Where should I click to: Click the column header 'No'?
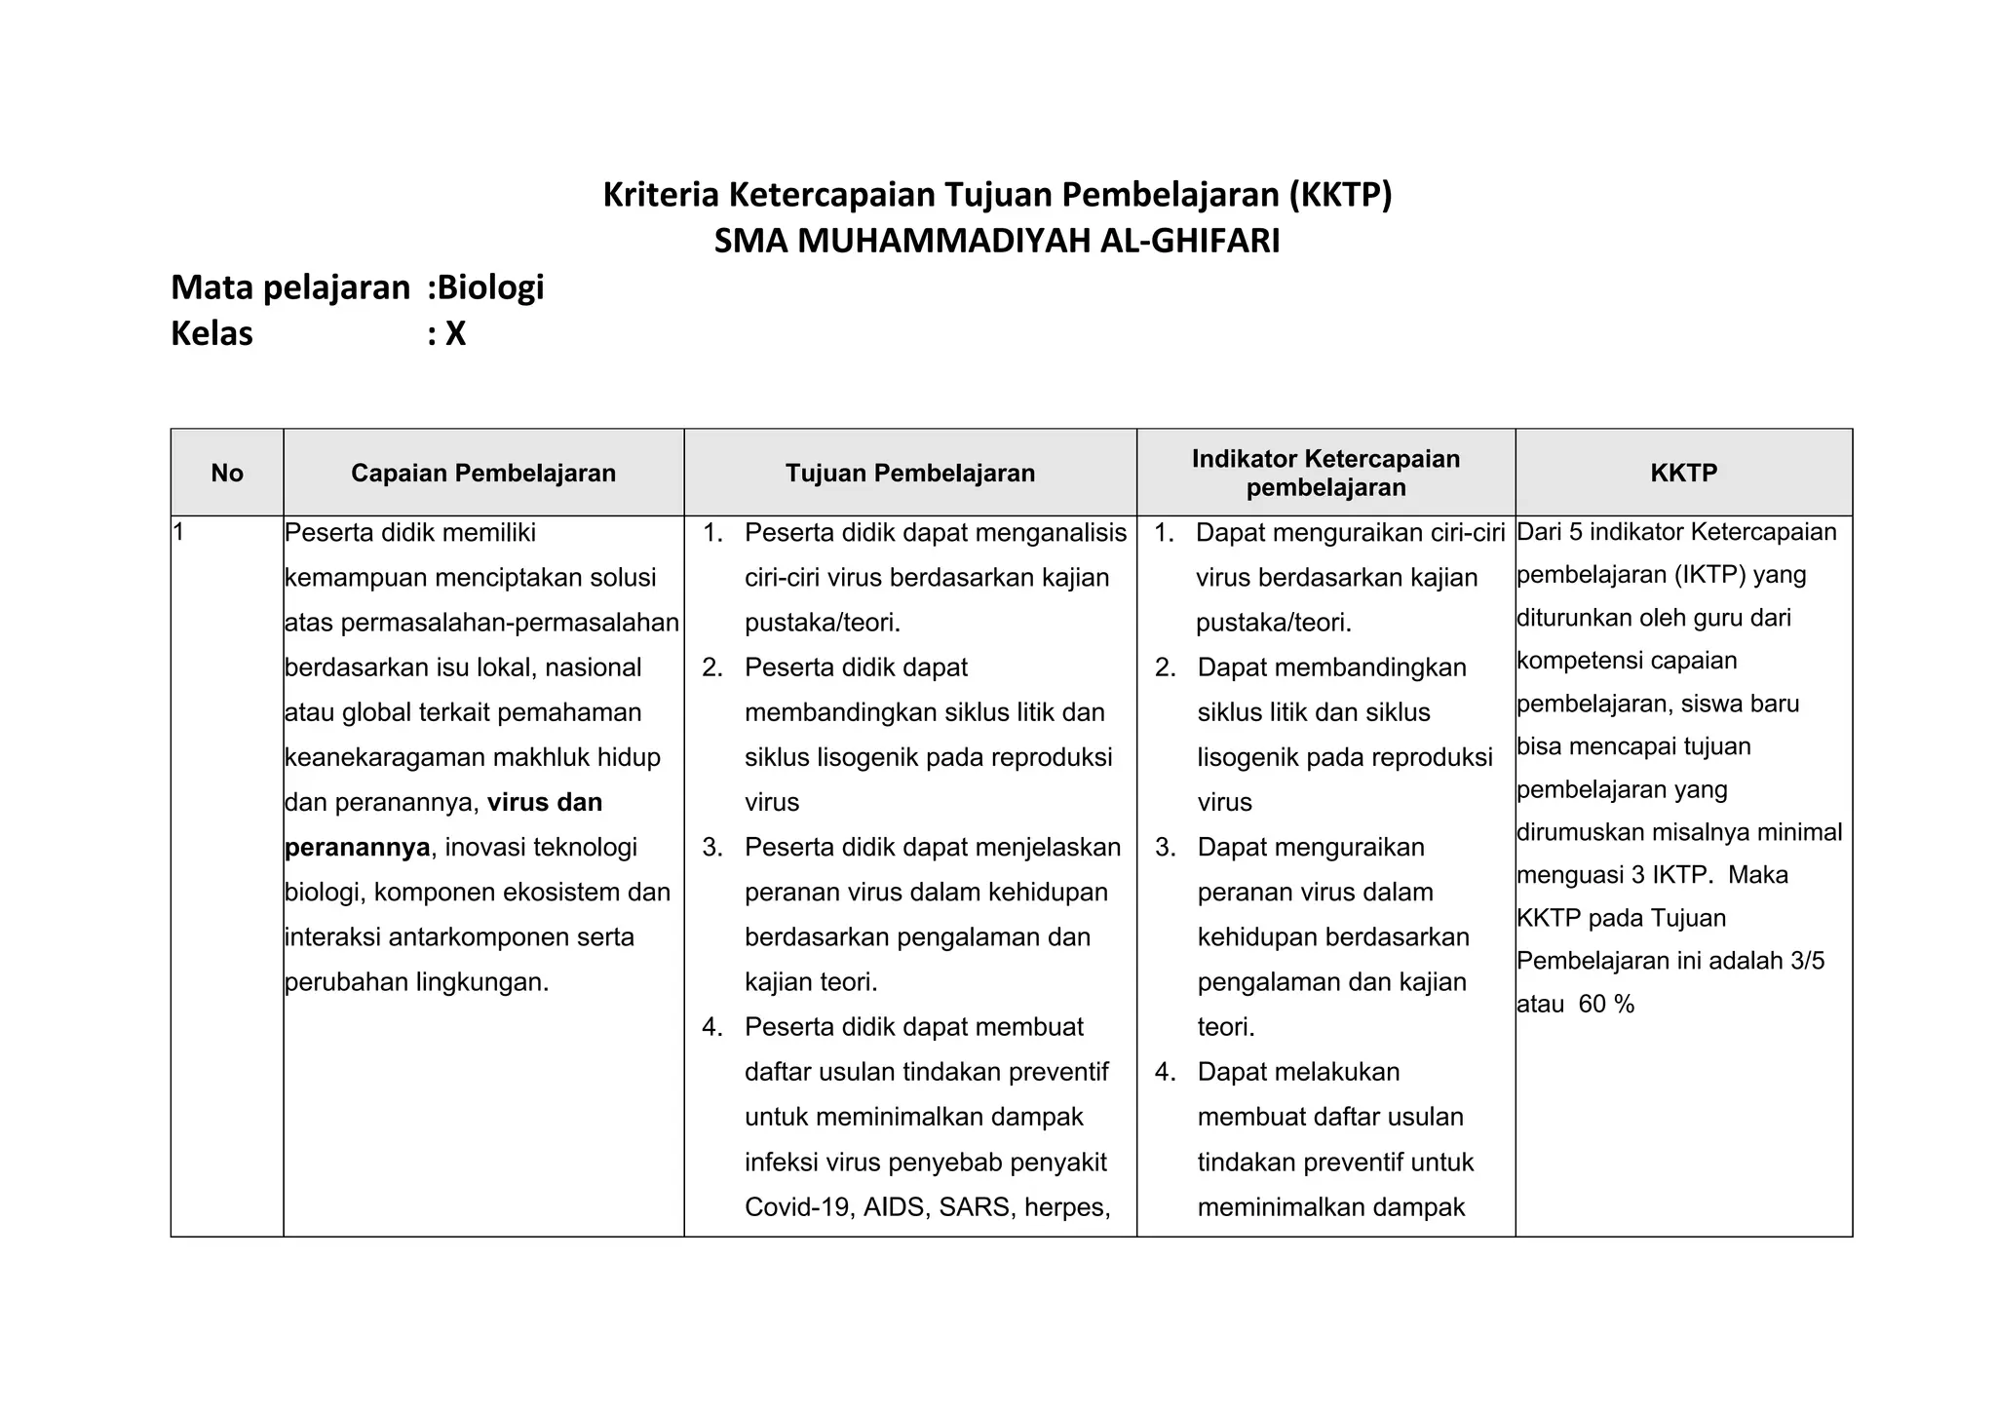pos(226,474)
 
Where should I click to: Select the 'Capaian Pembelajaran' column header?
pos(483,474)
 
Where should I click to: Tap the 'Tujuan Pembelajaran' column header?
pos(910,474)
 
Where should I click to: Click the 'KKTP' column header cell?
pos(1683,474)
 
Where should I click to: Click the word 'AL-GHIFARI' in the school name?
pos(1189,241)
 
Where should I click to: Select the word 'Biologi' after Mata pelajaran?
pos(490,287)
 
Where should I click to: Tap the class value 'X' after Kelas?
pos(455,334)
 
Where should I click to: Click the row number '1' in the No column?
pos(178,532)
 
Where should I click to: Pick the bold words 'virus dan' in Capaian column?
pos(544,803)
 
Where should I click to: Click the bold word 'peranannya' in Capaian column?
pos(357,848)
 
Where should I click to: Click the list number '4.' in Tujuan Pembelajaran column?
pos(712,1027)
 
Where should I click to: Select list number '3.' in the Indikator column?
pos(1166,848)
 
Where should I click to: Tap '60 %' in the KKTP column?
pos(1605,1005)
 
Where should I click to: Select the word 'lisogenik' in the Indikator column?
pos(1248,758)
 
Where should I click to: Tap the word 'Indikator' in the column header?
pos(1245,459)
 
